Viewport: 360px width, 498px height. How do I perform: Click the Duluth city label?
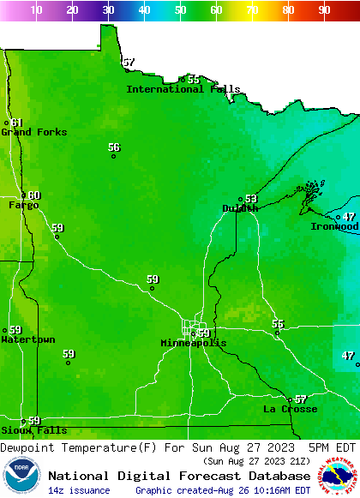point(239,208)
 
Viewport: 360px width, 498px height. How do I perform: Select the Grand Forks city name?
point(33,132)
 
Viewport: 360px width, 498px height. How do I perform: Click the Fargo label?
point(24,205)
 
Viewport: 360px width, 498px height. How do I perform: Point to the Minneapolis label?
point(194,343)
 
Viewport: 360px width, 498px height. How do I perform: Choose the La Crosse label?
point(290,409)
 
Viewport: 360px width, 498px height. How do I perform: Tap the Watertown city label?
point(28,339)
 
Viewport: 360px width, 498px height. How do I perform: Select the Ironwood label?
point(334,226)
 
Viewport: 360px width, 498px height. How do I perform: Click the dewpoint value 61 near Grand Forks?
point(17,123)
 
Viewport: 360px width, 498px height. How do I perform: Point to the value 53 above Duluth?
point(251,199)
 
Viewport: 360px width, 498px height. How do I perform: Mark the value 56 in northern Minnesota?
point(114,147)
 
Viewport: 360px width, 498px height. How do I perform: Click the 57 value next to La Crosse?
point(300,399)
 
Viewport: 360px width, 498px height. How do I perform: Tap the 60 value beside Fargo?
point(34,195)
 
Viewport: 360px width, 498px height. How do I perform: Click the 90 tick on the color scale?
point(324,9)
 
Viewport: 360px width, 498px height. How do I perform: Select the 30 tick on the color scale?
point(108,9)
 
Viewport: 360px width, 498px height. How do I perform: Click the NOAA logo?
point(21,477)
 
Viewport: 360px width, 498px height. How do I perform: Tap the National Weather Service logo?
point(339,477)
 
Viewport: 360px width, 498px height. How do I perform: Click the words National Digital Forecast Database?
point(179,476)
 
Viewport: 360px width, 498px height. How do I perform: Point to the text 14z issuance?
point(79,490)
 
